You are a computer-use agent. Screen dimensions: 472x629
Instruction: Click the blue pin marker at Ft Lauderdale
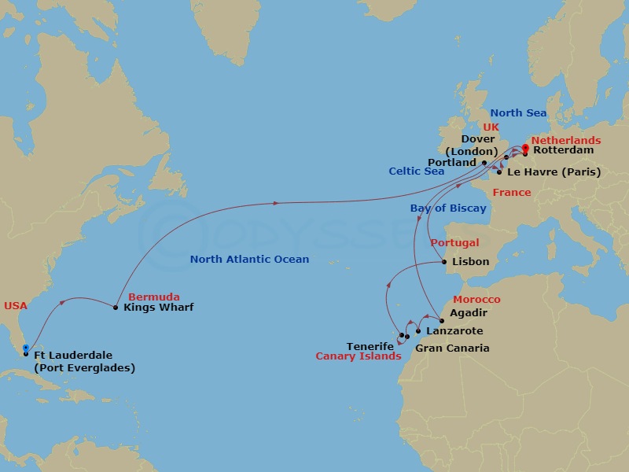[26, 348]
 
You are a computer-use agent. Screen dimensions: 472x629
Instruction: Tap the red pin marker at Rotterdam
[525, 148]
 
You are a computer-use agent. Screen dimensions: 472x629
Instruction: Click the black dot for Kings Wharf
[116, 308]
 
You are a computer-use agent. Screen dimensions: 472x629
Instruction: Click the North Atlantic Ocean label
[249, 260]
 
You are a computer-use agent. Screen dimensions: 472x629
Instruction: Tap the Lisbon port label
[471, 262]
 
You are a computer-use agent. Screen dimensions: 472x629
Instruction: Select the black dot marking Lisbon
[445, 262]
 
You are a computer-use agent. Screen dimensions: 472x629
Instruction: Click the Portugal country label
[456, 244]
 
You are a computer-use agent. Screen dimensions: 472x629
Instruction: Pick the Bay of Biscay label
[447, 208]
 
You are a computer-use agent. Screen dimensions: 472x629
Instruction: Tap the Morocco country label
[476, 301]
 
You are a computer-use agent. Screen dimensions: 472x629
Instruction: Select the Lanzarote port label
[454, 331]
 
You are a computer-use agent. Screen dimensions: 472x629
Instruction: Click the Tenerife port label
[370, 346]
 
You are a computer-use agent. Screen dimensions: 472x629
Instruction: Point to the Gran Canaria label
[451, 348]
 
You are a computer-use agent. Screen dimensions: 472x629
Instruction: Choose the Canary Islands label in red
[358, 356]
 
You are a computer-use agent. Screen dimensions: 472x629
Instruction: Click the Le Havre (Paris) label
[554, 172]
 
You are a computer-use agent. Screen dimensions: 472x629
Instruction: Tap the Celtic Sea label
[416, 171]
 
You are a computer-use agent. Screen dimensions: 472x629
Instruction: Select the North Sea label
[518, 113]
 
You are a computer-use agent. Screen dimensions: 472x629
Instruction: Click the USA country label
[16, 305]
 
